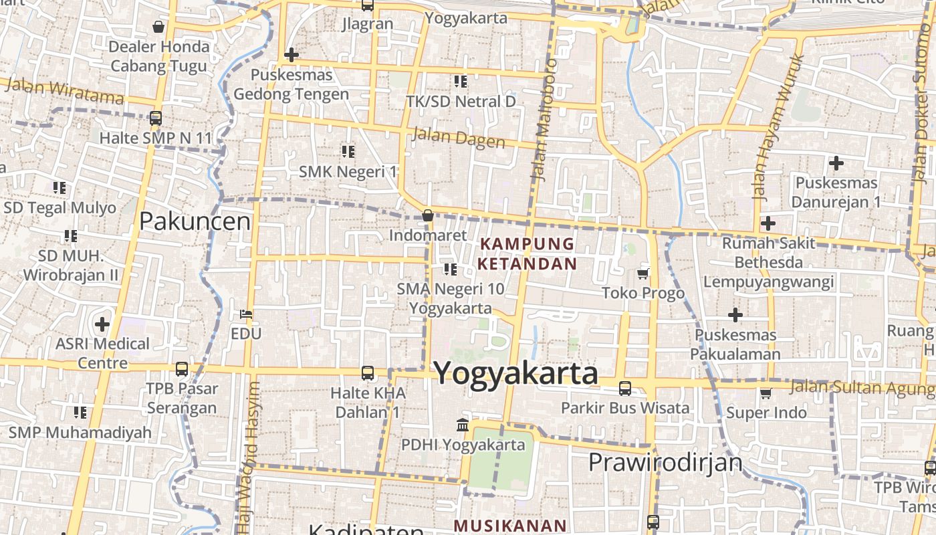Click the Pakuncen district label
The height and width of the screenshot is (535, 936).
pyautogui.click(x=195, y=221)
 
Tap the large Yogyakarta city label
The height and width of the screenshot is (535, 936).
pyautogui.click(x=516, y=373)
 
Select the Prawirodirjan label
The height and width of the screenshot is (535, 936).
pyautogui.click(x=665, y=462)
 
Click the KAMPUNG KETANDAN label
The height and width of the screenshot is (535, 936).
pyautogui.click(x=527, y=253)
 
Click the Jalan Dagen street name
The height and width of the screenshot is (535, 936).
pyautogui.click(x=459, y=138)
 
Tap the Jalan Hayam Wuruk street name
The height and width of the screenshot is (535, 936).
pyautogui.click(x=778, y=127)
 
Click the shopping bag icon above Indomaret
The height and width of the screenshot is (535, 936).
pyautogui.click(x=428, y=215)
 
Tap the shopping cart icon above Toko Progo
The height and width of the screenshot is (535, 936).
pyautogui.click(x=643, y=273)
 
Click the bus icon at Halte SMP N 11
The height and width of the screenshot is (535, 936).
pyautogui.click(x=156, y=118)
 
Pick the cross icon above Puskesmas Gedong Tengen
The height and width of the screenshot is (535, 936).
pyautogui.click(x=291, y=54)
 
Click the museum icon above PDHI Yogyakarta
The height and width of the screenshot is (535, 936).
pyautogui.click(x=462, y=425)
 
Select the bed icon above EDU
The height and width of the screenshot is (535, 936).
pyautogui.click(x=246, y=314)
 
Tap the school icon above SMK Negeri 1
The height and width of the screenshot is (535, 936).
pyautogui.click(x=348, y=152)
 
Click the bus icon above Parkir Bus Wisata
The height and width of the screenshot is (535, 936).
pyautogui.click(x=625, y=388)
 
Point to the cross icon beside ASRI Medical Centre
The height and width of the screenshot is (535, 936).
pyautogui.click(x=102, y=324)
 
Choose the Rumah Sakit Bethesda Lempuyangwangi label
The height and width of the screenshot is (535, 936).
pyautogui.click(x=768, y=261)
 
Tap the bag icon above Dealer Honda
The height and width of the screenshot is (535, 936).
pyautogui.click(x=158, y=27)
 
